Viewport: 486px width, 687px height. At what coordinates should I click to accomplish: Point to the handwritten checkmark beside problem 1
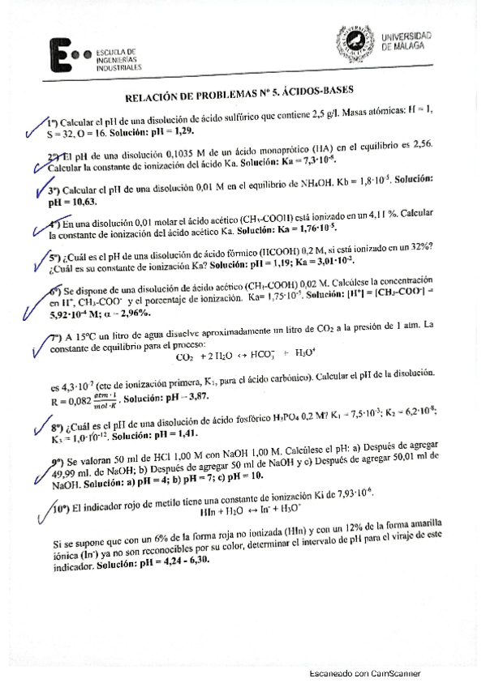pyautogui.click(x=34, y=126)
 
